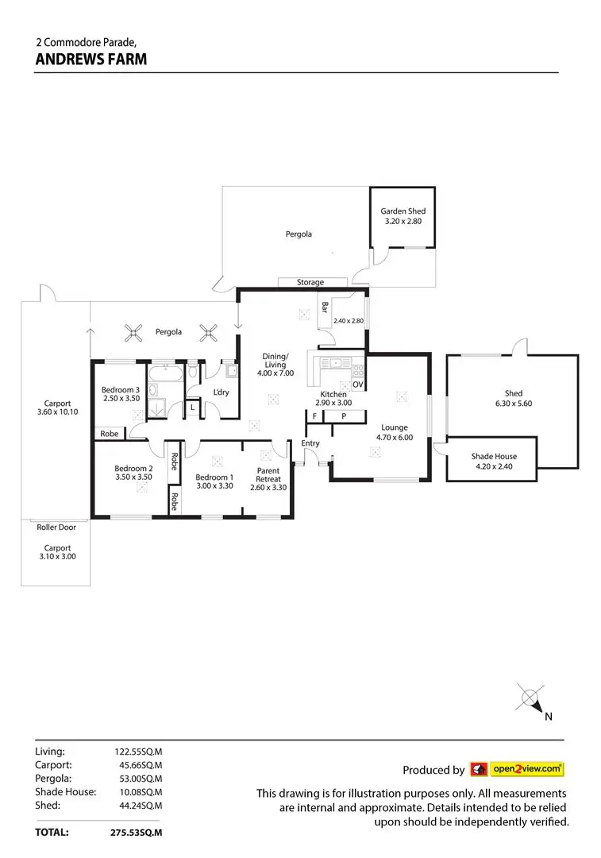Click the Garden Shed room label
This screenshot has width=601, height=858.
coord(403,211)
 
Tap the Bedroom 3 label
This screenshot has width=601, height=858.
coord(121,390)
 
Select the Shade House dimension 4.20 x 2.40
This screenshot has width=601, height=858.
coord(495,467)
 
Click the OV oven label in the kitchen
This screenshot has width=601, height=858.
coord(357,385)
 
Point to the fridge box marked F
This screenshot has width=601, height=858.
coord(314,416)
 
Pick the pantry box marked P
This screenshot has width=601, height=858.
coord(344,416)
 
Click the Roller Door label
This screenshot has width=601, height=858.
coord(56,528)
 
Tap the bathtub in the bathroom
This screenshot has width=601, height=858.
coord(165,373)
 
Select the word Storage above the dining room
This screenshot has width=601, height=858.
coord(310,282)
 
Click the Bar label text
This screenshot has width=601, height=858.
coord(324,307)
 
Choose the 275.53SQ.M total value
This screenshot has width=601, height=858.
coord(137,833)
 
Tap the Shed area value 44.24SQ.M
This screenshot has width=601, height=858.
coord(141,806)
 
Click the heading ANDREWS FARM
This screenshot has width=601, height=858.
coord(91,59)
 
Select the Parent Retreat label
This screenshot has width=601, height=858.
coord(268,475)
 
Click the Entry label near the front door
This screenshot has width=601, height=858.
coord(310,443)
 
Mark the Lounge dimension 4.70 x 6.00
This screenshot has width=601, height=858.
coord(395,438)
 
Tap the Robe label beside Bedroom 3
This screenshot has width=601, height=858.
coord(110,434)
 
